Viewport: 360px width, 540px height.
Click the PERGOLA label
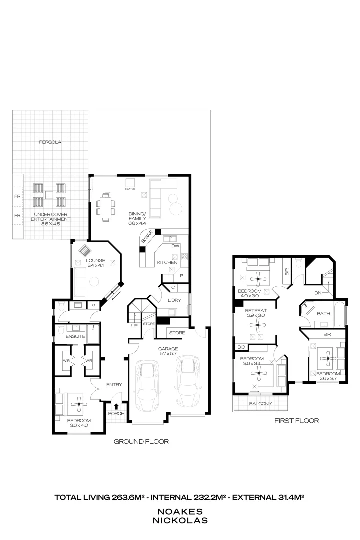pyautogui.click(x=50, y=142)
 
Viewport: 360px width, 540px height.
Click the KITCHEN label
pyautogui.click(x=167, y=262)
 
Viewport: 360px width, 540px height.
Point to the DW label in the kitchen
pyautogui.click(x=175, y=246)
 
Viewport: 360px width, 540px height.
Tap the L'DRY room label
pyautogui.click(x=174, y=299)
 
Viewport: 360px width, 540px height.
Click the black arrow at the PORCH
pyautogui.click(x=116, y=406)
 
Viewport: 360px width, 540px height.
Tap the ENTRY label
pyautogui.click(x=114, y=384)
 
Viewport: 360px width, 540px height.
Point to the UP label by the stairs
pyautogui.click(x=134, y=326)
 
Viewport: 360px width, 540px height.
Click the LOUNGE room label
pyautogui.click(x=95, y=260)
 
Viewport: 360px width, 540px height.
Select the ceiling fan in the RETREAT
pyautogui.click(x=258, y=326)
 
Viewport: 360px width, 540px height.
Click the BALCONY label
pyautogui.click(x=260, y=404)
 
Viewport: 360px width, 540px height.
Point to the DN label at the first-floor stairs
pyautogui.click(x=318, y=293)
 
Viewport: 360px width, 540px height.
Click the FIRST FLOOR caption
pyautogui.click(x=296, y=421)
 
